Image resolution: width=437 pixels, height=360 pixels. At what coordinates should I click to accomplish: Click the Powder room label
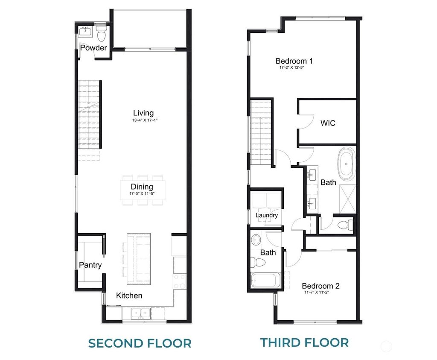(x=93, y=48)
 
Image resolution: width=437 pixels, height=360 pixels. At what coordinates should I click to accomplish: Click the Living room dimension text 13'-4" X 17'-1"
(x=143, y=121)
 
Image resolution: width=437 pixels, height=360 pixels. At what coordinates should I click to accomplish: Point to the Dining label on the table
(x=142, y=187)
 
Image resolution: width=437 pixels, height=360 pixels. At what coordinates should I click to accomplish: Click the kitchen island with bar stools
(x=139, y=259)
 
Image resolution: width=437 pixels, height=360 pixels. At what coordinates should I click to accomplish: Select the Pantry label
(x=90, y=265)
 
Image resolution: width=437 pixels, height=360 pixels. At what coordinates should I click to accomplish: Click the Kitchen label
(x=129, y=296)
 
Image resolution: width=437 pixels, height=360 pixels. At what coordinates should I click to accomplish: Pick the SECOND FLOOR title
(x=140, y=343)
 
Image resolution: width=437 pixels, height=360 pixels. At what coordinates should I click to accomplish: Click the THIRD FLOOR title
(x=305, y=342)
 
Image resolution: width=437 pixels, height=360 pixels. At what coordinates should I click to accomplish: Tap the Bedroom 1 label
(x=297, y=61)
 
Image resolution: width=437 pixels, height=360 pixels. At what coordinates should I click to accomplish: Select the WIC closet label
(x=328, y=123)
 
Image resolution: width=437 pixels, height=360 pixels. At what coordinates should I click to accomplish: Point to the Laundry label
(x=267, y=215)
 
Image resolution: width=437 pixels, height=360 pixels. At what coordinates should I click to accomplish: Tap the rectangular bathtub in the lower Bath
(x=264, y=280)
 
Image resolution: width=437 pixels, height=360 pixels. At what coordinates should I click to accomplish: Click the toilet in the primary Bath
(x=344, y=224)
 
